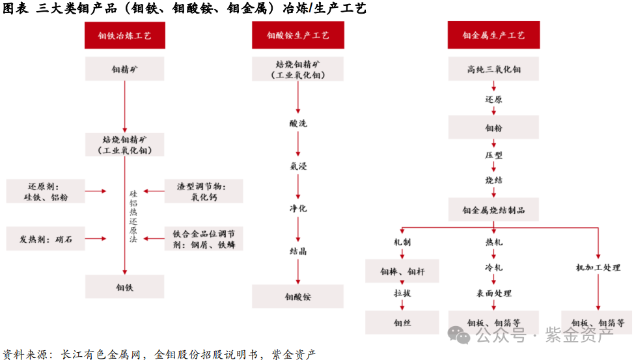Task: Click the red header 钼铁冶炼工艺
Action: pyautogui.click(x=124, y=36)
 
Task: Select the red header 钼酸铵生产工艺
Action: pyautogui.click(x=298, y=36)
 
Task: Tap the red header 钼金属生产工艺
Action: pyautogui.click(x=493, y=36)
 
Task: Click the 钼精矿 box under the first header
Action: pyautogui.click(x=124, y=68)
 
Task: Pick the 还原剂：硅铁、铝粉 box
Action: pyautogui.click(x=46, y=191)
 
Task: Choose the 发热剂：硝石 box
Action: pyautogui.click(x=46, y=239)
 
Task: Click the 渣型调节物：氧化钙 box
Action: pyautogui.click(x=203, y=191)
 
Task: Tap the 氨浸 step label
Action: pyautogui.click(x=298, y=166)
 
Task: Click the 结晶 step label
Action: pyautogui.click(x=298, y=251)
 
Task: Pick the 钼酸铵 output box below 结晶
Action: pyautogui.click(x=298, y=296)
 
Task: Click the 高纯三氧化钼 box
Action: pyautogui.click(x=493, y=68)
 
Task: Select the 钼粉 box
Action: pyautogui.click(x=493, y=128)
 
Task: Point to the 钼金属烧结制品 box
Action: pyautogui.click(x=493, y=210)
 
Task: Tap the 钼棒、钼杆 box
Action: pyautogui.click(x=402, y=271)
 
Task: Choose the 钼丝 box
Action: pyautogui.click(x=402, y=322)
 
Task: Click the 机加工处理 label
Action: pyautogui.click(x=598, y=268)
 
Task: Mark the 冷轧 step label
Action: pyautogui.click(x=493, y=268)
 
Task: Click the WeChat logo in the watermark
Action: pyautogui.click(x=462, y=336)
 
